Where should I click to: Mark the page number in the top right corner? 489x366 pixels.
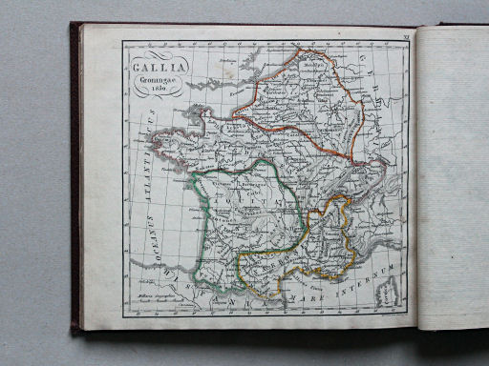[x=405, y=34]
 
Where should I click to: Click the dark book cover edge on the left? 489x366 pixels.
[x=74, y=181]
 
